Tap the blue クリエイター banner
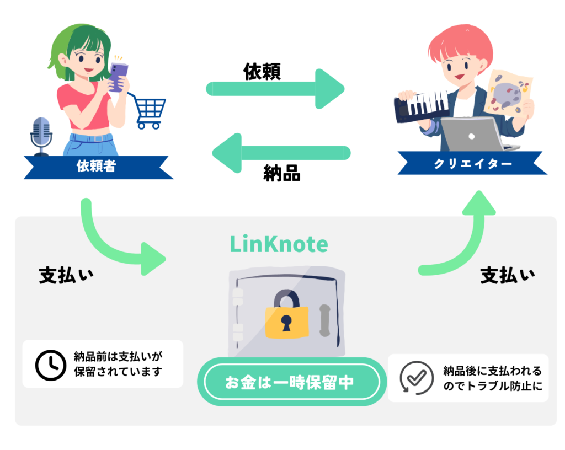(472, 164)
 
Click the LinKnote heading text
(279, 244)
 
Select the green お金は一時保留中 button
(289, 382)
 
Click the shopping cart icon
(148, 110)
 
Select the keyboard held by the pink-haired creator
(422, 105)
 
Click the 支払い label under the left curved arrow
(66, 275)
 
